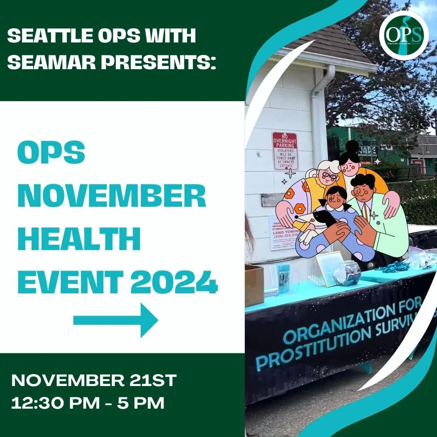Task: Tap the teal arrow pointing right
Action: [116, 321]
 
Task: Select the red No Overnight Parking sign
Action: [285, 151]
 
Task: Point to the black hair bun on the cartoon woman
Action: [352, 146]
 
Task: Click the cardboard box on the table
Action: [254, 285]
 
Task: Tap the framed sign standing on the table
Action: [329, 267]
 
